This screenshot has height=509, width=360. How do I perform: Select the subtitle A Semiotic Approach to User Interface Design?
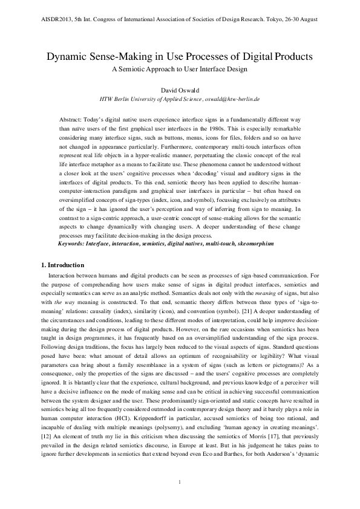click(x=180, y=69)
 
